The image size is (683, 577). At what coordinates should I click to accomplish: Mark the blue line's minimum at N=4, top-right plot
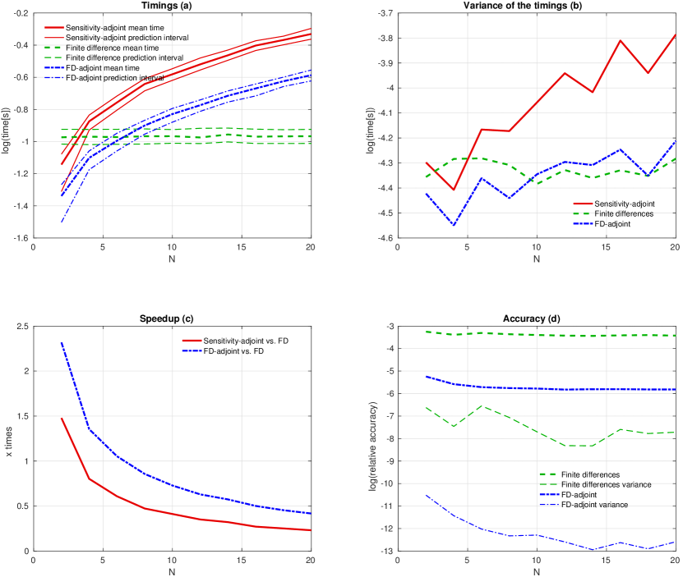coord(453,225)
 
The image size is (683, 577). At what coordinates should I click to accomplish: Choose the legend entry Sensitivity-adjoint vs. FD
coord(238,341)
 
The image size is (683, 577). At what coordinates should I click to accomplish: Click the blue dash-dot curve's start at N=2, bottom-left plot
coord(61,343)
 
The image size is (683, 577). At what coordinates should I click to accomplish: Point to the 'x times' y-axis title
coord(9,439)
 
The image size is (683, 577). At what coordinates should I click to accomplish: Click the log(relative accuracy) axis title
coord(374,439)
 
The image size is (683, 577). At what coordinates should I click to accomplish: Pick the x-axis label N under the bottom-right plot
coord(536,570)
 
